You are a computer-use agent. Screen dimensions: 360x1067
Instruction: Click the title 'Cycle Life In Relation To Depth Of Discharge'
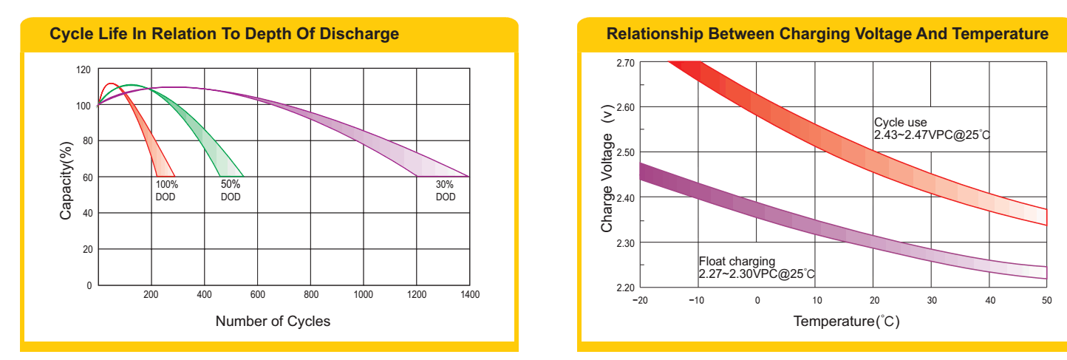tap(224, 34)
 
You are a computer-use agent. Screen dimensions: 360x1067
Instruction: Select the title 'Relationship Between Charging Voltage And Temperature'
tap(827, 34)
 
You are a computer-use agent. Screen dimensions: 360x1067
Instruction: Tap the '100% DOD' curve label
tap(166, 191)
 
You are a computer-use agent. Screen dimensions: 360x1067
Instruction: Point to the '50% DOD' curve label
tap(231, 191)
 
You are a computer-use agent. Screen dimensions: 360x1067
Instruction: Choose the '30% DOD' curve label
tap(446, 191)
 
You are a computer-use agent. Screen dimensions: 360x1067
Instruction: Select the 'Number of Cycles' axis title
tap(273, 321)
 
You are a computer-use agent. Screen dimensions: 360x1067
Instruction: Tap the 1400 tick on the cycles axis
tap(469, 295)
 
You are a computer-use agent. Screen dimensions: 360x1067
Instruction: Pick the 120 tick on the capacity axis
tap(83, 69)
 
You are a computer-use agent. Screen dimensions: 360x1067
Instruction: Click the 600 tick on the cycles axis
tap(257, 295)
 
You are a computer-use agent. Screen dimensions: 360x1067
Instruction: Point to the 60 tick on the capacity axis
tap(86, 177)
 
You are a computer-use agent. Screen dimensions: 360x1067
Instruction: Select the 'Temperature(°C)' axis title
tap(846, 322)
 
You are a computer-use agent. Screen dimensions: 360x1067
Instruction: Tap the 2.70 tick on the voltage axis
tap(625, 63)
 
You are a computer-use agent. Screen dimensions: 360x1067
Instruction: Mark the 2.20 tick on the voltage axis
tap(625, 288)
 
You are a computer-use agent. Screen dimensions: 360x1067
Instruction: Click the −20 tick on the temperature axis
tap(640, 300)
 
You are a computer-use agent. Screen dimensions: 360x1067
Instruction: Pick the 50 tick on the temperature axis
tap(1046, 300)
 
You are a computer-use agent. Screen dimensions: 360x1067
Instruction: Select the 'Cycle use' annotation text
tap(900, 122)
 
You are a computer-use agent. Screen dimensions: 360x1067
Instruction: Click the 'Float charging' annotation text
tap(737, 261)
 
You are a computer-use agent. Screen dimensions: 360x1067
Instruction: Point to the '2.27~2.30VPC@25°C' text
tap(757, 274)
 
